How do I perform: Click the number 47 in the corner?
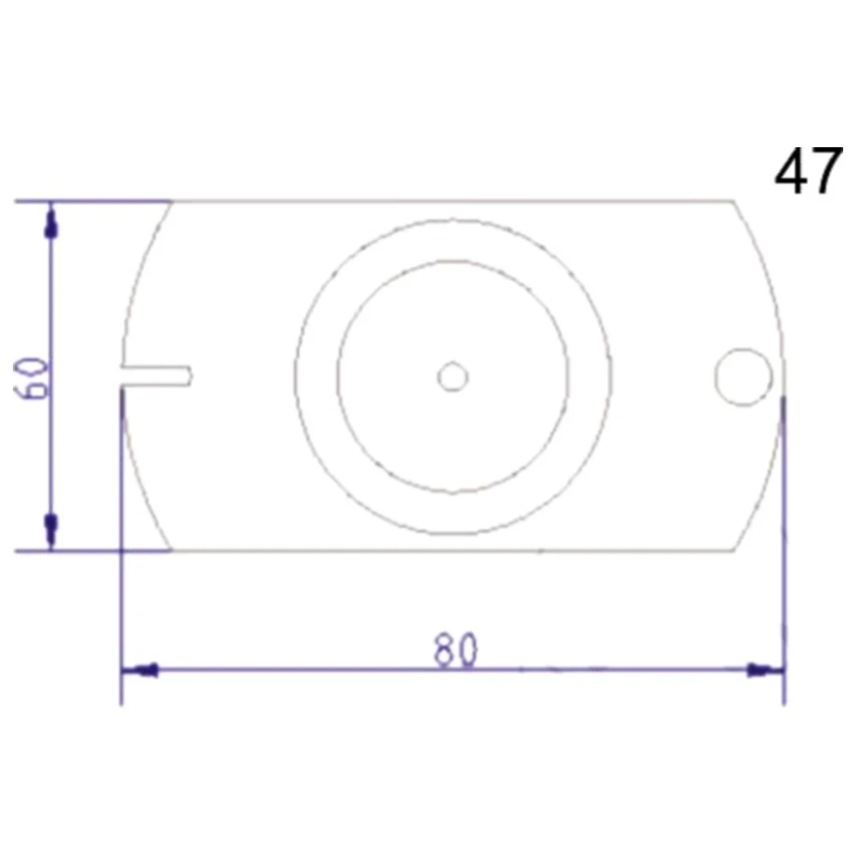tap(808, 172)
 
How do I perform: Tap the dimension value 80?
tap(455, 651)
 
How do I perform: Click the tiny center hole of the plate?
tap(452, 377)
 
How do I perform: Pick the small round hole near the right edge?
tap(743, 377)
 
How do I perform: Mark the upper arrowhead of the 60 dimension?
tap(51, 224)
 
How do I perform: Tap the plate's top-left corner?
tap(172, 202)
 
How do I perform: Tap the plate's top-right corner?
tap(734, 202)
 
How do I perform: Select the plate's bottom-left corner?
tap(172, 550)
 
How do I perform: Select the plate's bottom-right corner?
tap(734, 550)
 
